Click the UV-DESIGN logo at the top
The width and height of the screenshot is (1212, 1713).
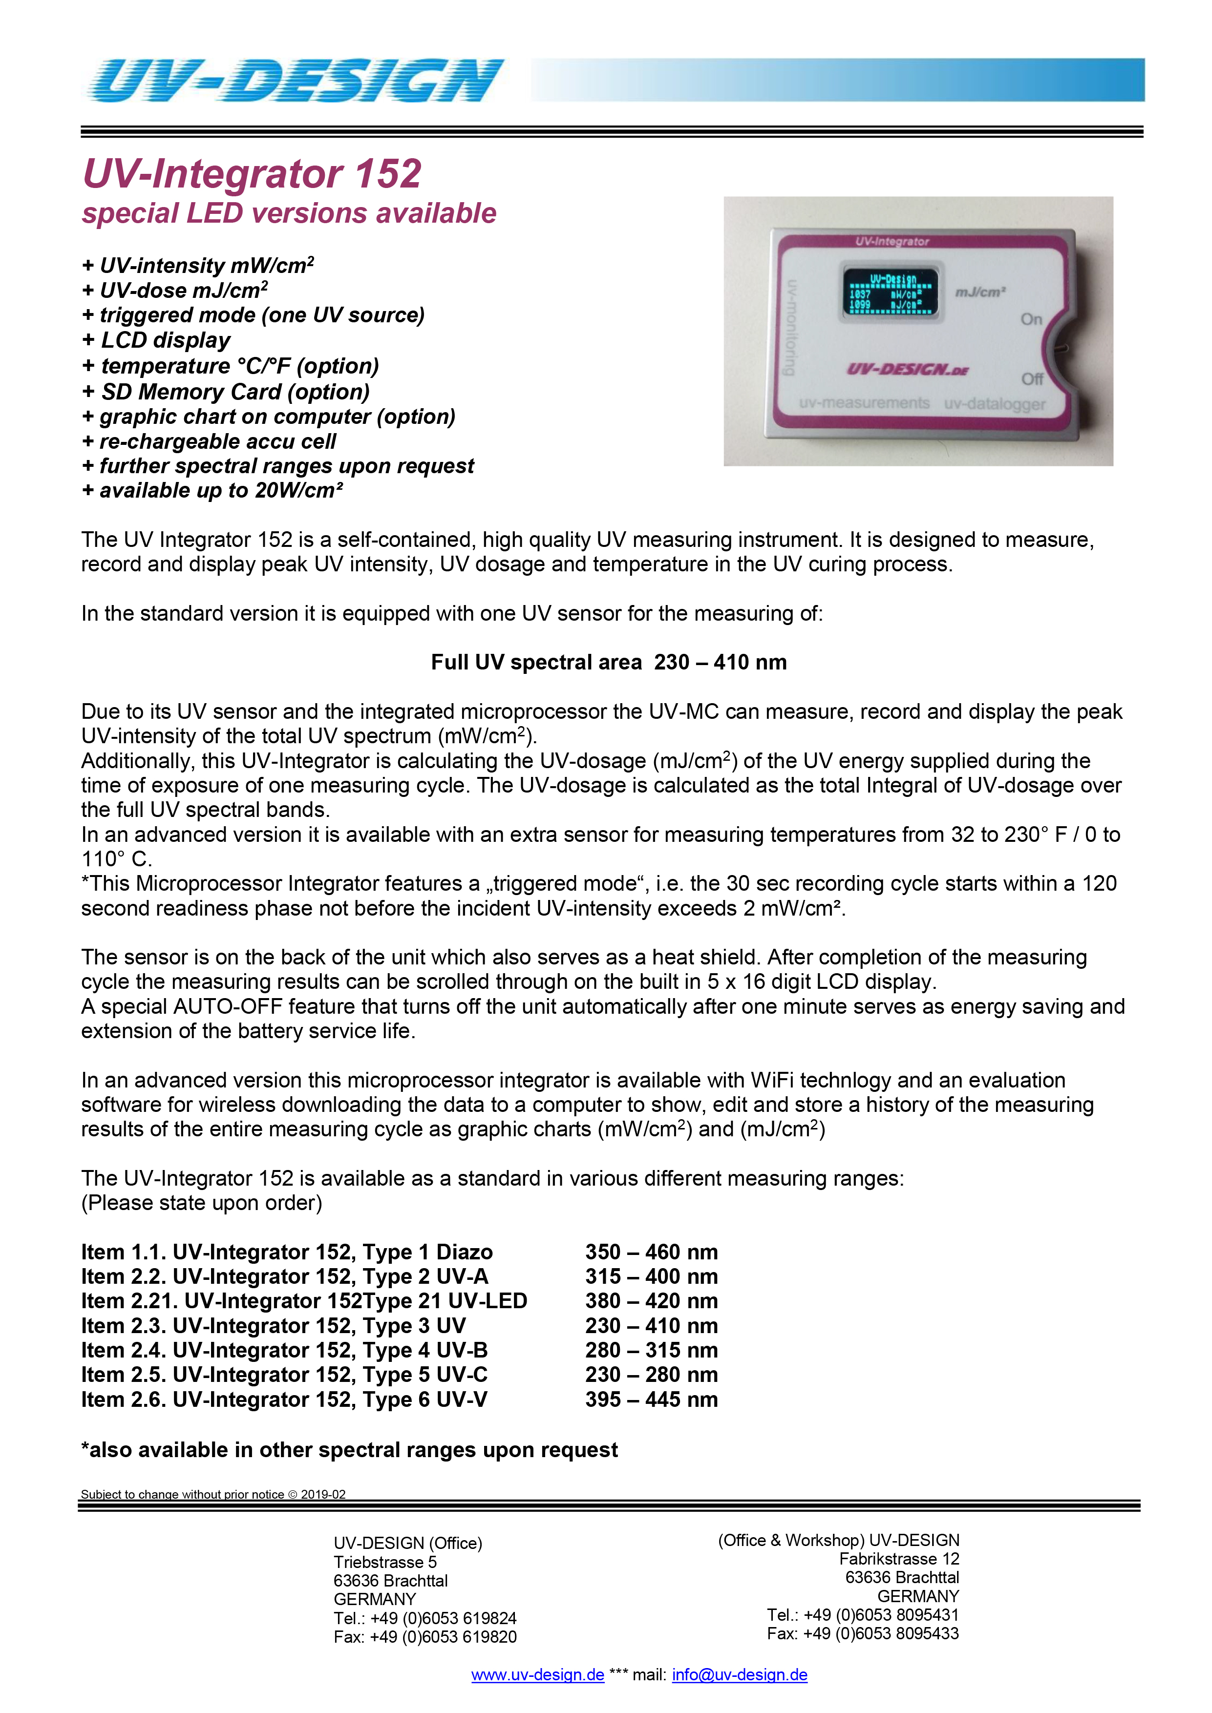click(x=295, y=81)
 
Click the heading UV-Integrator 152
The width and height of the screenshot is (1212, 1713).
click(x=252, y=174)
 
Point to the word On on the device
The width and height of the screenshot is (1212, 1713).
click(x=1031, y=319)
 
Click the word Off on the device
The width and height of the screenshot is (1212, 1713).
click(x=1032, y=379)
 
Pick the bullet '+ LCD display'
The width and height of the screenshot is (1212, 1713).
click(x=157, y=340)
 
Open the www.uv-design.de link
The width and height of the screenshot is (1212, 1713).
click(x=537, y=1675)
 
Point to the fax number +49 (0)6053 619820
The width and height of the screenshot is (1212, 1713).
click(x=443, y=1637)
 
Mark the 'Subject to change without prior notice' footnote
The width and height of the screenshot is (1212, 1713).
click(x=213, y=1494)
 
